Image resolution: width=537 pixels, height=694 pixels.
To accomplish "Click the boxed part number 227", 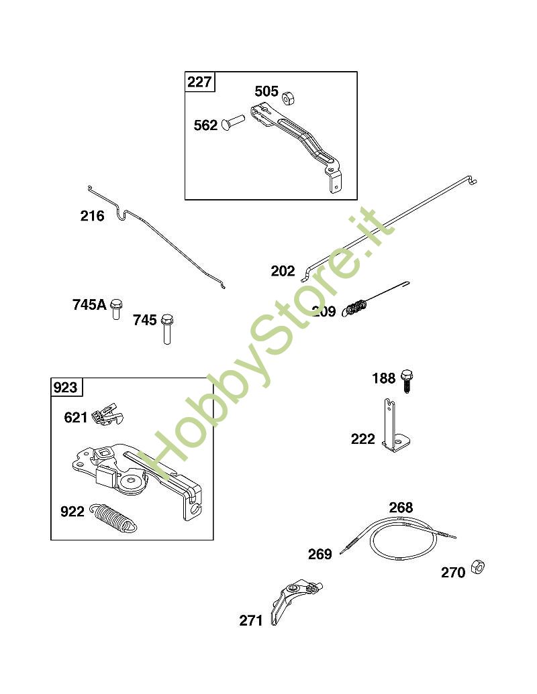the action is (199, 82).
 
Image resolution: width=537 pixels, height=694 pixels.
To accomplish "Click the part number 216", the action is (92, 216).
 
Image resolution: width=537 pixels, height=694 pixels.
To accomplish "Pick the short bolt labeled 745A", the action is (116, 308).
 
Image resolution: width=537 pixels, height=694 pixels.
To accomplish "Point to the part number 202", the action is (283, 271).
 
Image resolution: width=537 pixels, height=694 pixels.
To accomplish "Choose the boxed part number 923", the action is (65, 388).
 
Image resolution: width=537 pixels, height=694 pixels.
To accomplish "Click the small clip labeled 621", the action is (107, 414).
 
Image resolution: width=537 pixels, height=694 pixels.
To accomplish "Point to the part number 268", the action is (401, 507).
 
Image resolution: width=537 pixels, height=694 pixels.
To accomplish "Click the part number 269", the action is (320, 554).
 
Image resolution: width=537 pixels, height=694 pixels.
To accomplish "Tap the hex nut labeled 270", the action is (478, 567).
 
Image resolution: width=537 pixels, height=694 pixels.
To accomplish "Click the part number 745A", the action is (89, 305).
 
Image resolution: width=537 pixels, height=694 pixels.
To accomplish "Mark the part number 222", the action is (363, 439).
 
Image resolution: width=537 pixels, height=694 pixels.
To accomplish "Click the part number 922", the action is (72, 512).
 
